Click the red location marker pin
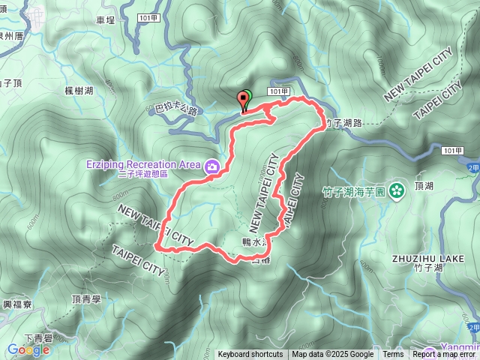(243, 98)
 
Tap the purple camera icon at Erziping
(213, 166)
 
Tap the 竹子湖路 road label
(345, 122)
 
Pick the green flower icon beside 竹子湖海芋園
(398, 190)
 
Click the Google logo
(28, 349)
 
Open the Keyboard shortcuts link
(250, 355)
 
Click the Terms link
(393, 355)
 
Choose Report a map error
(445, 355)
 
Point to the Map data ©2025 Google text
(333, 355)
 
